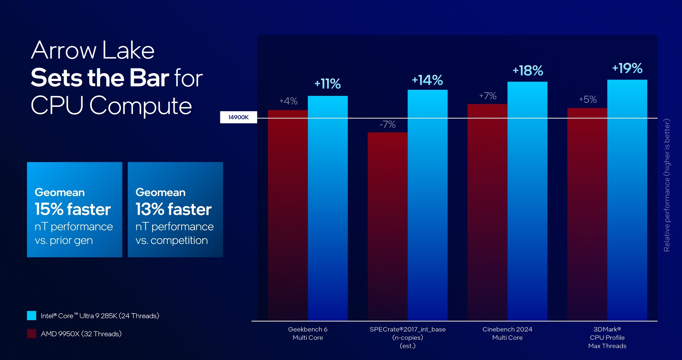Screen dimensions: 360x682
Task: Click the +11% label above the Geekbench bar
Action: pos(327,84)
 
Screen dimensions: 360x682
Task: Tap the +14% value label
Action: pos(427,80)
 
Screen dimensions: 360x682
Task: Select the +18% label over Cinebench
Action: pos(528,70)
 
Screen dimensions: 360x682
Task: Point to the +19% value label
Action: pos(627,68)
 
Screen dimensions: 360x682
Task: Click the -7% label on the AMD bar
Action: pos(387,124)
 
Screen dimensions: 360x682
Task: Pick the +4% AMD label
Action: pos(288,101)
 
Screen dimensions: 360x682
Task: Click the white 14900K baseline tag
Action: pos(238,117)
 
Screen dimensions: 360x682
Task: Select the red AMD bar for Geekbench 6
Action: pos(288,214)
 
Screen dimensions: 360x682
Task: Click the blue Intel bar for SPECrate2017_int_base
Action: pos(427,205)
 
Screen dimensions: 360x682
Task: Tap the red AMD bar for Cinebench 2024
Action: pos(487,211)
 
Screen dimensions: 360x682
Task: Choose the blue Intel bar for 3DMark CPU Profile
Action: pos(627,200)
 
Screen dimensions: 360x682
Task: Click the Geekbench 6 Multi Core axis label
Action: pos(308,333)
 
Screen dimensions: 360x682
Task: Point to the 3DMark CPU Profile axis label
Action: pos(607,337)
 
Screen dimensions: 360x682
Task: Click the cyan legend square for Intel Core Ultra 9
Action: pos(32,315)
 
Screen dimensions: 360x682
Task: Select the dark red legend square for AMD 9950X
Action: pos(32,333)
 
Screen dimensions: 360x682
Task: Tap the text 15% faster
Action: pos(72,209)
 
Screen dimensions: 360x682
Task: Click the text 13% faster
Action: pos(173,209)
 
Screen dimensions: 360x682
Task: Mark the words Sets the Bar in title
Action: pos(100,78)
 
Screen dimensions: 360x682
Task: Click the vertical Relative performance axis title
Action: pos(667,185)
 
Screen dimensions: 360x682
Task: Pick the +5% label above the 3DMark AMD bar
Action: pos(588,99)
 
